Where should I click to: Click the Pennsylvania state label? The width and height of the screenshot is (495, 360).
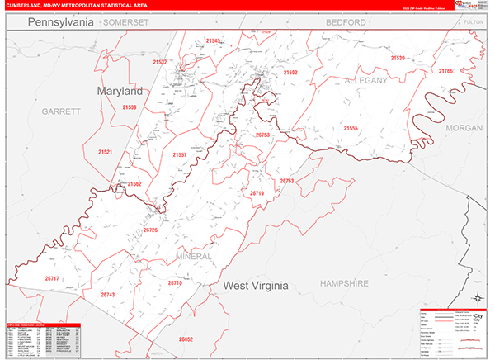pos(61,23)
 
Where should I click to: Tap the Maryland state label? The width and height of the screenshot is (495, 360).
pos(120,91)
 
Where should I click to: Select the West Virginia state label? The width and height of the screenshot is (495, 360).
pos(256,286)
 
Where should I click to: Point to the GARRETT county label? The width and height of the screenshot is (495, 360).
pos(61,111)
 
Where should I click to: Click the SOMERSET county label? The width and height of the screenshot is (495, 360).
pos(125,23)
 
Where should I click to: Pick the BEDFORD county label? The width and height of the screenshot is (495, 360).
pos(345,22)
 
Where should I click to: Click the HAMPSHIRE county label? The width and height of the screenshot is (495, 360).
pos(344,283)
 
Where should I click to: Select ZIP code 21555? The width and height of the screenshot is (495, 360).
pos(351,129)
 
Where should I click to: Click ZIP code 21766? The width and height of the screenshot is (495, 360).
pos(445,72)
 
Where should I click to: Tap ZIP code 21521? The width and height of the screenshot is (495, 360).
pos(105,152)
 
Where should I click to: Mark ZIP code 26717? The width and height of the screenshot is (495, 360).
pos(52,279)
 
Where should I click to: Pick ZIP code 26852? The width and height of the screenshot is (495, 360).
pos(186,339)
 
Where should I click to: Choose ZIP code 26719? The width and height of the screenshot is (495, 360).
pos(257,193)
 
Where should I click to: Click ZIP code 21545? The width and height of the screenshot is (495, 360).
pos(213,40)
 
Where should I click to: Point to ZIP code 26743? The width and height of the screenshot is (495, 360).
pos(108,295)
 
